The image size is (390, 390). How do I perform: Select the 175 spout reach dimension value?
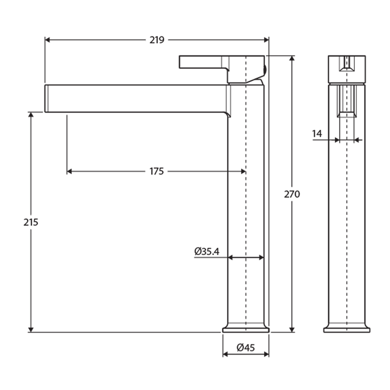click(156, 172)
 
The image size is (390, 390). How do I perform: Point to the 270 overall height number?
click(292, 194)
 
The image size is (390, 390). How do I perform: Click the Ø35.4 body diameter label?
click(206, 251)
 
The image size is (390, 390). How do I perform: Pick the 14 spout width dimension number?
click(317, 133)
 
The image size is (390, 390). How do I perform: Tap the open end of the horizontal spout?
click(47, 99)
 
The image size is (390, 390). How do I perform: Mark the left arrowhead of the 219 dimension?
click(48, 40)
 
